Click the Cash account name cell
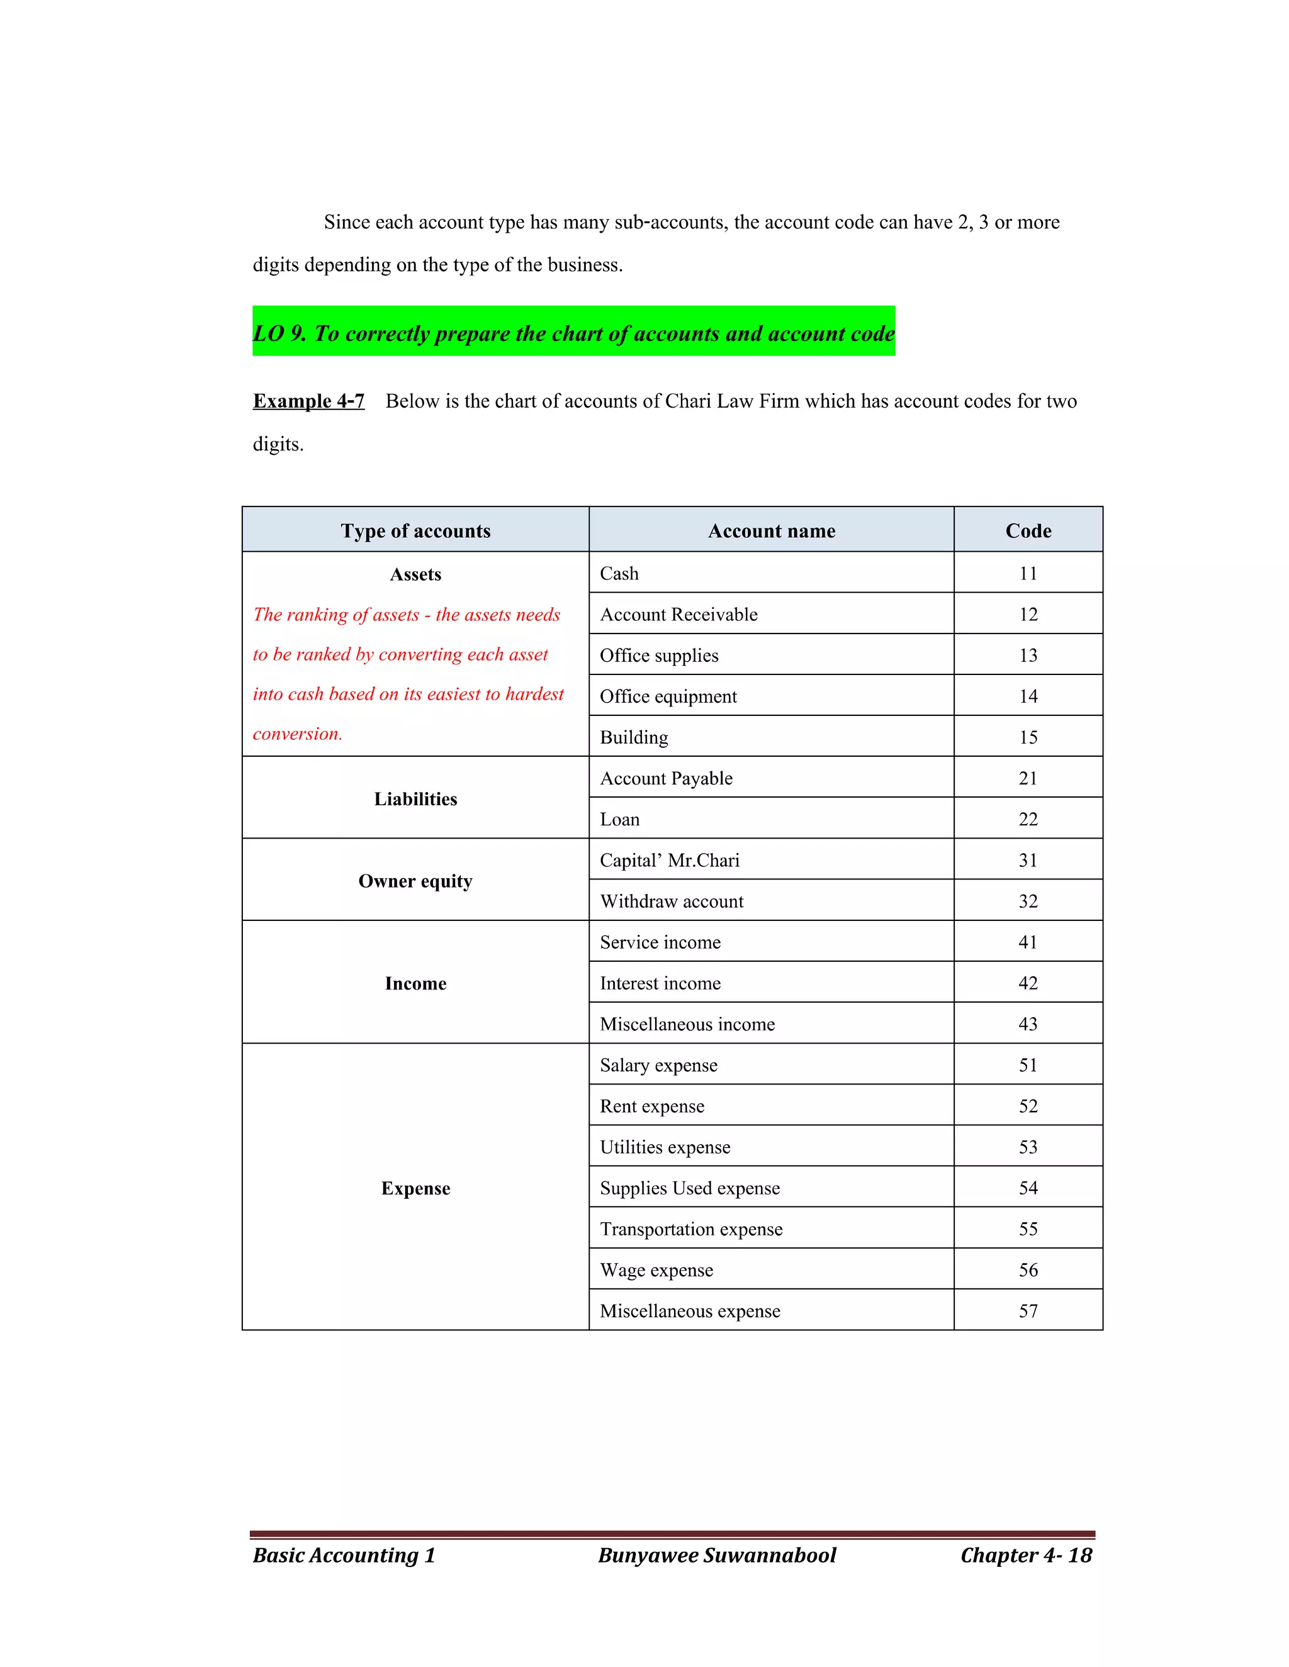coord(619,573)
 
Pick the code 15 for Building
coord(1027,737)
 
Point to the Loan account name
coord(619,819)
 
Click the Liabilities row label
coord(415,798)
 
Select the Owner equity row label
coord(415,881)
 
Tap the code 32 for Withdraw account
coord(1027,901)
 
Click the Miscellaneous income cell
coord(687,1024)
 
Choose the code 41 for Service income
coord(1027,942)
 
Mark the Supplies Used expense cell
coord(690,1188)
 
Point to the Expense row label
coord(415,1188)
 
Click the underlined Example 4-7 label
coord(308,401)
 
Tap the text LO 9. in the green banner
coord(279,333)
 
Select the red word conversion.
coord(297,733)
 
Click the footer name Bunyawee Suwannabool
coord(716,1555)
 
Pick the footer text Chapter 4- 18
coord(1025,1555)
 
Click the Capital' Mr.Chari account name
coord(669,860)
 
